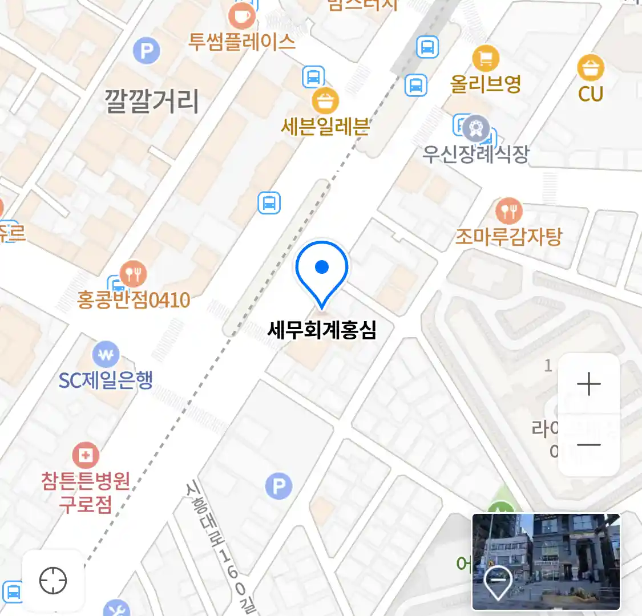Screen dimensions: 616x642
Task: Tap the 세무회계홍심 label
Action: point(322,330)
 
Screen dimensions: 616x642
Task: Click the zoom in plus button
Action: point(589,384)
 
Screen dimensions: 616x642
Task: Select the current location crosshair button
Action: point(53,581)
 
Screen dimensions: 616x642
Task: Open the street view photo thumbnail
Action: point(546,561)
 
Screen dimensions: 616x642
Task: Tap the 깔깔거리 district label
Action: point(152,101)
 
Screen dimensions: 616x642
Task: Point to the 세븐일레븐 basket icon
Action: point(325,102)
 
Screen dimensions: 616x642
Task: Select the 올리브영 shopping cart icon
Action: point(486,58)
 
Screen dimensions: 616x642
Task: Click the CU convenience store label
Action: point(591,94)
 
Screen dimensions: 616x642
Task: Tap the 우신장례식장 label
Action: point(475,154)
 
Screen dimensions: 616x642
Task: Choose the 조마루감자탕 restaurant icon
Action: point(508,211)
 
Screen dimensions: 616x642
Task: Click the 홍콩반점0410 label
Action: point(134,299)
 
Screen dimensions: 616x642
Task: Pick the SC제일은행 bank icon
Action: point(106,355)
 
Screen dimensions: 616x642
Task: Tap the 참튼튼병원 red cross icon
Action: point(86,455)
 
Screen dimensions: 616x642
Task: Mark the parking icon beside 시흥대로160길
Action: point(278,486)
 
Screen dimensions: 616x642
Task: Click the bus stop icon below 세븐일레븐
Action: point(269,202)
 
